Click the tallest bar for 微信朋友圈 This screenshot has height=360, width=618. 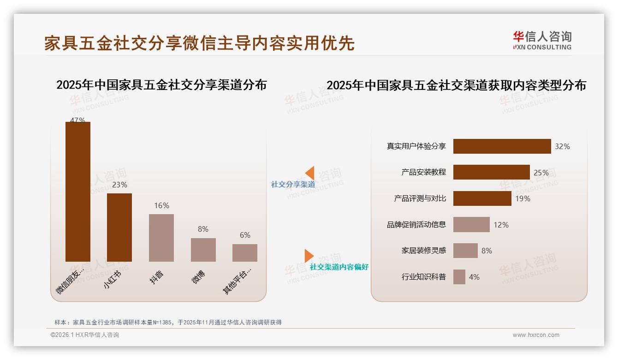pos(77,192)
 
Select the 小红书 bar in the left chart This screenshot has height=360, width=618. pos(119,227)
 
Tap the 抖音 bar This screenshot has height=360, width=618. pos(161,238)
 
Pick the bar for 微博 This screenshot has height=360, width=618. pos(203,250)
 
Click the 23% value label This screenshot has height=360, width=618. pos(119,185)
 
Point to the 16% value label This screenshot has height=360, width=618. pos(161,205)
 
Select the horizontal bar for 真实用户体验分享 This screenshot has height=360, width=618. pos(502,146)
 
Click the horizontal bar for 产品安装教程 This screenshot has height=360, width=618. pos(491,172)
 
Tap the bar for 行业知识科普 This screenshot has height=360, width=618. pos(459,277)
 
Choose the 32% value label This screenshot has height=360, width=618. pos(562,146)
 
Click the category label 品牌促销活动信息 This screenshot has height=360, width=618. pos(416,225)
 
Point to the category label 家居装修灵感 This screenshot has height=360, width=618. pos(424,251)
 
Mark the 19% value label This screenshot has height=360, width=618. pos(523,198)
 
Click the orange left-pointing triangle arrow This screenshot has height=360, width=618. pos(310,173)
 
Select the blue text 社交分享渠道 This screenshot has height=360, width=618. pos(293,184)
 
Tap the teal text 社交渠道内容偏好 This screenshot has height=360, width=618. pos(339,267)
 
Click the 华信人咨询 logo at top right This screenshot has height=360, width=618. pos(542,40)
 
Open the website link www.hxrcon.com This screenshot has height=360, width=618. pos(535,335)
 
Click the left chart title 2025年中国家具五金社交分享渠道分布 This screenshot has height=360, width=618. pos(161,85)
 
